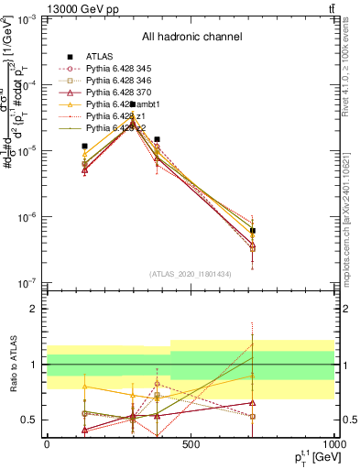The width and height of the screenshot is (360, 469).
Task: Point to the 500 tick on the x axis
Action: click(191, 444)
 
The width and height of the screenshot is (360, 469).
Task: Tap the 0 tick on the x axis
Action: click(47, 444)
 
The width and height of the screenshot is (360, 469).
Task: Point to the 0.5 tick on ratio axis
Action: click(30, 420)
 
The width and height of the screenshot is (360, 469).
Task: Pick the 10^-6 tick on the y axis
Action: click(27, 217)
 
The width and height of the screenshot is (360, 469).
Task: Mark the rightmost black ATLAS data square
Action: click(253, 231)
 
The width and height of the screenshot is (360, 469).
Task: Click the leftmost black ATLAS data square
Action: click(84, 146)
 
